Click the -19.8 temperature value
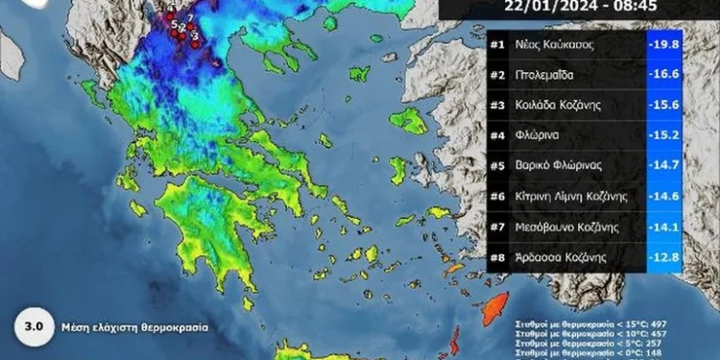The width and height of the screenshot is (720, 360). pos(663,46)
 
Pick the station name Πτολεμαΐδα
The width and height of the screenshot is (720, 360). pos(545,76)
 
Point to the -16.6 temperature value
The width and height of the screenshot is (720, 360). pos(663,76)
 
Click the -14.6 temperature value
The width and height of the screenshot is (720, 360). pos(663,197)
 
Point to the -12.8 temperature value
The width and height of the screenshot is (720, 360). pos(663,257)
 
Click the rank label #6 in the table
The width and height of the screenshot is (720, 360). pos(497,197)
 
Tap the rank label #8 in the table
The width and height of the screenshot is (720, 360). pos(497,257)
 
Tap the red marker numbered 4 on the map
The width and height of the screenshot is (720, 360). pos(169,16)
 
